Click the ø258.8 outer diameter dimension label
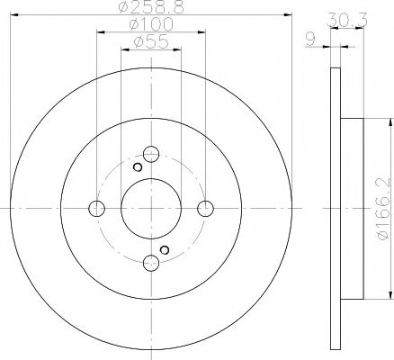(151, 7)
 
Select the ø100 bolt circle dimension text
(151, 24)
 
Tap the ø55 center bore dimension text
(151, 41)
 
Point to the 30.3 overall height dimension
(347, 20)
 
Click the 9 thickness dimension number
(311, 40)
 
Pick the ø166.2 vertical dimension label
(384, 209)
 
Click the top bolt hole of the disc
(151, 154)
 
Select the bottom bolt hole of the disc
(151, 263)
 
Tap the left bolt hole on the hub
(97, 209)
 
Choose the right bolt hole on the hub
(206, 209)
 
